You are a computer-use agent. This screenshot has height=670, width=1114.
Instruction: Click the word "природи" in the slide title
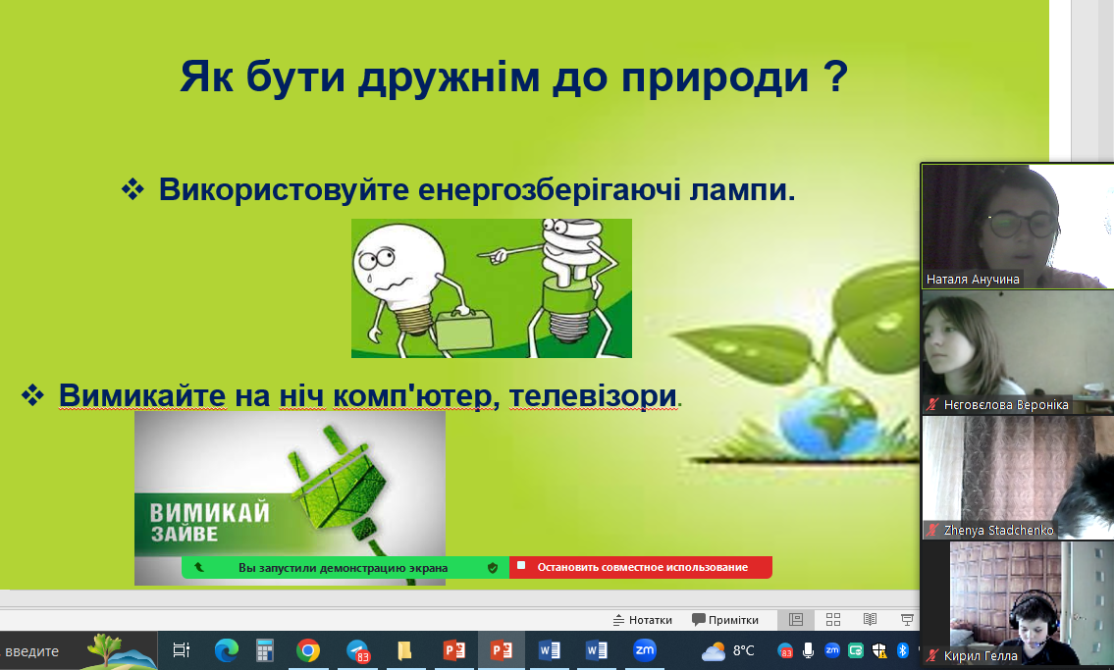tap(715, 77)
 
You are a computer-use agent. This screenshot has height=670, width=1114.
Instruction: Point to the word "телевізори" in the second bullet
tap(593, 396)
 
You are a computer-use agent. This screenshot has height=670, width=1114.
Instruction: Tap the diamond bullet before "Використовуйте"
tap(133, 188)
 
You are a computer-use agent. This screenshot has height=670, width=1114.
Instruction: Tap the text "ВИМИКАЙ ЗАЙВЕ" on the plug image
tap(210, 523)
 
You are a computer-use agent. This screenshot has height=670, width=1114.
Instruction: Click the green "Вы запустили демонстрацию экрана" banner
tap(345, 568)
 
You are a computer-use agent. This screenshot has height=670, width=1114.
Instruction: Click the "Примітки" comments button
tap(725, 620)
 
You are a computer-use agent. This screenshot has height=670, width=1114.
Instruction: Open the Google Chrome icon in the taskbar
tap(308, 650)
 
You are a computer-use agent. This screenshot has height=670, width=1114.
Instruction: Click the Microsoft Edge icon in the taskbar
tap(227, 650)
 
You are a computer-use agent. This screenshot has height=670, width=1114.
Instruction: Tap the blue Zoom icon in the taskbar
tap(645, 650)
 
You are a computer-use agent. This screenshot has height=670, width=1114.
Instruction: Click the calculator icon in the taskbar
tap(265, 650)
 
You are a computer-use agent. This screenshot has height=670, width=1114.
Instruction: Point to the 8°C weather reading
tap(743, 650)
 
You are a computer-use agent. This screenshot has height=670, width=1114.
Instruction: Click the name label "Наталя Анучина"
tap(973, 280)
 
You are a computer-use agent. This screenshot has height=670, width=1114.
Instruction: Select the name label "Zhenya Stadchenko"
tap(998, 530)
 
